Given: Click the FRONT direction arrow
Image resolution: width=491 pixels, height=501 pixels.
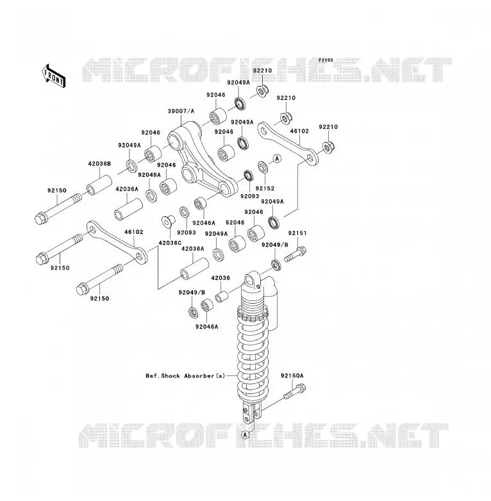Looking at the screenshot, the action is coord(53,76).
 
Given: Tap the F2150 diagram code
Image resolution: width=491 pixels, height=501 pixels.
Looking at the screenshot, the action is coord(326,60).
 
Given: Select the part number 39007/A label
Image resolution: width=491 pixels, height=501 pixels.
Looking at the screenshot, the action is coord(181,111).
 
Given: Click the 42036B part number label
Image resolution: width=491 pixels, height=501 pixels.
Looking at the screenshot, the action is coord(99,164).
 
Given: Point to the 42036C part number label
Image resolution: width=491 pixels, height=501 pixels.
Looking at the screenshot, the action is coord(170,243).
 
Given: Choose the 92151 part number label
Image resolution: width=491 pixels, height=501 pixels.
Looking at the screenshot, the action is coord(297,233).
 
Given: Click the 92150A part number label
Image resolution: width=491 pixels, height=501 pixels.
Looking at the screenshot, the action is coord(292,376).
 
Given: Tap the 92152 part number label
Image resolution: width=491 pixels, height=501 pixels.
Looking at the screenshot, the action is coord(265,188).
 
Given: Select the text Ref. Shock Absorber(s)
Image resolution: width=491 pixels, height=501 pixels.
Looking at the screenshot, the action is coord(185,376).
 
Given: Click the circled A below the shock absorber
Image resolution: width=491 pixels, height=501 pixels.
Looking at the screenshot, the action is coord(246,434).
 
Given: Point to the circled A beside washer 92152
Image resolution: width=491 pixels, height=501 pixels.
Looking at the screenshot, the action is coord(277,158).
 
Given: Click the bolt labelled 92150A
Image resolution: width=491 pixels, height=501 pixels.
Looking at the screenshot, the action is coord(294,393).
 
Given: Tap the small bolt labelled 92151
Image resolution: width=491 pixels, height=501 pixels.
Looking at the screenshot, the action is coord(295,254).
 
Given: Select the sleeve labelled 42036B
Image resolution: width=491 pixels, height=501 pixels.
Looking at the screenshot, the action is coord(99,185).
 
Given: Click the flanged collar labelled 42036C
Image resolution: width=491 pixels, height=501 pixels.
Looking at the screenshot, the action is coord(168,222).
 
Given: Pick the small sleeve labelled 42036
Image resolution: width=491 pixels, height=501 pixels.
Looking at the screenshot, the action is coord(221,297).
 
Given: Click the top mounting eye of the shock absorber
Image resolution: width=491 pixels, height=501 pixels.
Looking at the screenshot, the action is coord(251,280).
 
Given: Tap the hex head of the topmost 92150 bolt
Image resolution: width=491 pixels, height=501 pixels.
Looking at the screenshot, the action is coord(40,218).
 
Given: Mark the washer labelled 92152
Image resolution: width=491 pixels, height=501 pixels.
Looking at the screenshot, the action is coord(263,167).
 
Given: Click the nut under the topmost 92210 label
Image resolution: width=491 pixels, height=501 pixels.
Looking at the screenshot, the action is coord(262,92).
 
